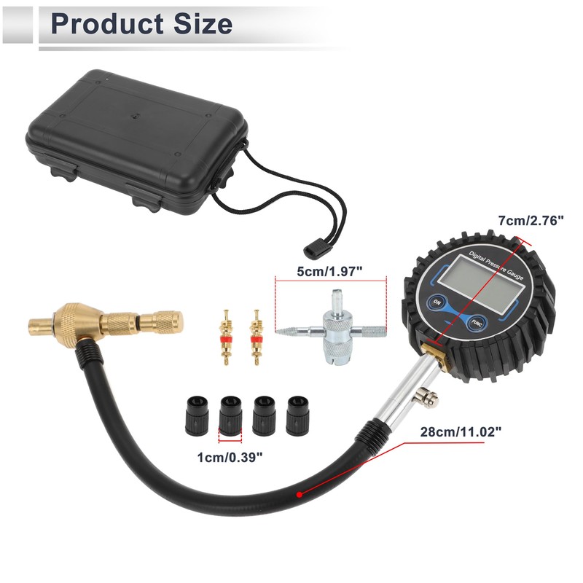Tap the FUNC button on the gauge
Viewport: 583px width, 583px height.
(x=477, y=323)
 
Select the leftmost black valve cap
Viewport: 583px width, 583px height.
(x=193, y=415)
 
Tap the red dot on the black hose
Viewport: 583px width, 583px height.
(x=297, y=493)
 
